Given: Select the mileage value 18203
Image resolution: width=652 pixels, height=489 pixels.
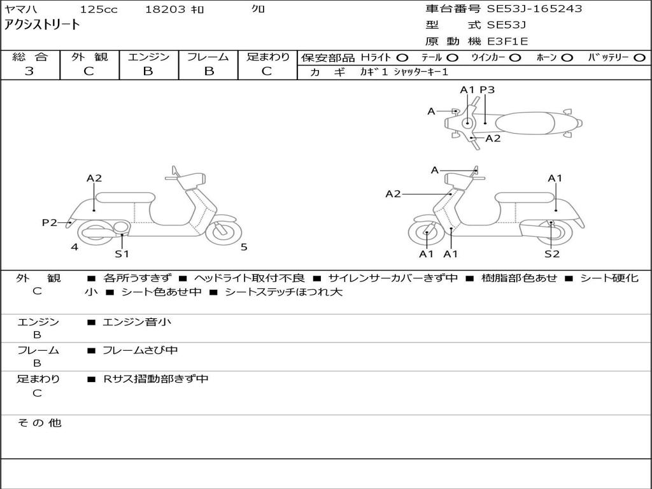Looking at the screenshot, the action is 165,10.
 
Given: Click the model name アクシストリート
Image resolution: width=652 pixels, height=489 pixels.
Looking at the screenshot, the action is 43,25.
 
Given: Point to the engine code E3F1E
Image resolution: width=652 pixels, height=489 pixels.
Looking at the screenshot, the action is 508,41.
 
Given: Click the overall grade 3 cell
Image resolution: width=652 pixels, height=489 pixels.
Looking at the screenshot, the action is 29,71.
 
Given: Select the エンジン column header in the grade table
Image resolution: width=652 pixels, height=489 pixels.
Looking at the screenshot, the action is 148,57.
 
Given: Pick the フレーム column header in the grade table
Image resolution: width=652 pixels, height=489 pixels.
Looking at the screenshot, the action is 208,57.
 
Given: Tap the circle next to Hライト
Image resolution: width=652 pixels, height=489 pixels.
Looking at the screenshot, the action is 402,57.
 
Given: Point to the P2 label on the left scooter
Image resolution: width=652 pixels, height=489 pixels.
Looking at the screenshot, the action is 50,222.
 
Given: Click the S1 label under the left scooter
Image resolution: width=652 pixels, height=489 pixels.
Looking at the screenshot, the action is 122,253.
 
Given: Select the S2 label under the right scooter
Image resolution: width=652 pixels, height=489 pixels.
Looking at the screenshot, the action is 551,253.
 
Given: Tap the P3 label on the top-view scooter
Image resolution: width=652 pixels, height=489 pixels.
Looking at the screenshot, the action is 487,90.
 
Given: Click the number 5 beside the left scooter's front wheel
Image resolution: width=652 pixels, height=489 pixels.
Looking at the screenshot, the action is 244,247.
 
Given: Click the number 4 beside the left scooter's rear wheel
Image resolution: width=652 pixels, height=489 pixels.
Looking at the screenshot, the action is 74,247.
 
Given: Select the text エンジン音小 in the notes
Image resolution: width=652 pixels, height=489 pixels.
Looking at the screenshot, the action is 137,322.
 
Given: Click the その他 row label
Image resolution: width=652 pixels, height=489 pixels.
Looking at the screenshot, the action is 39,423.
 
